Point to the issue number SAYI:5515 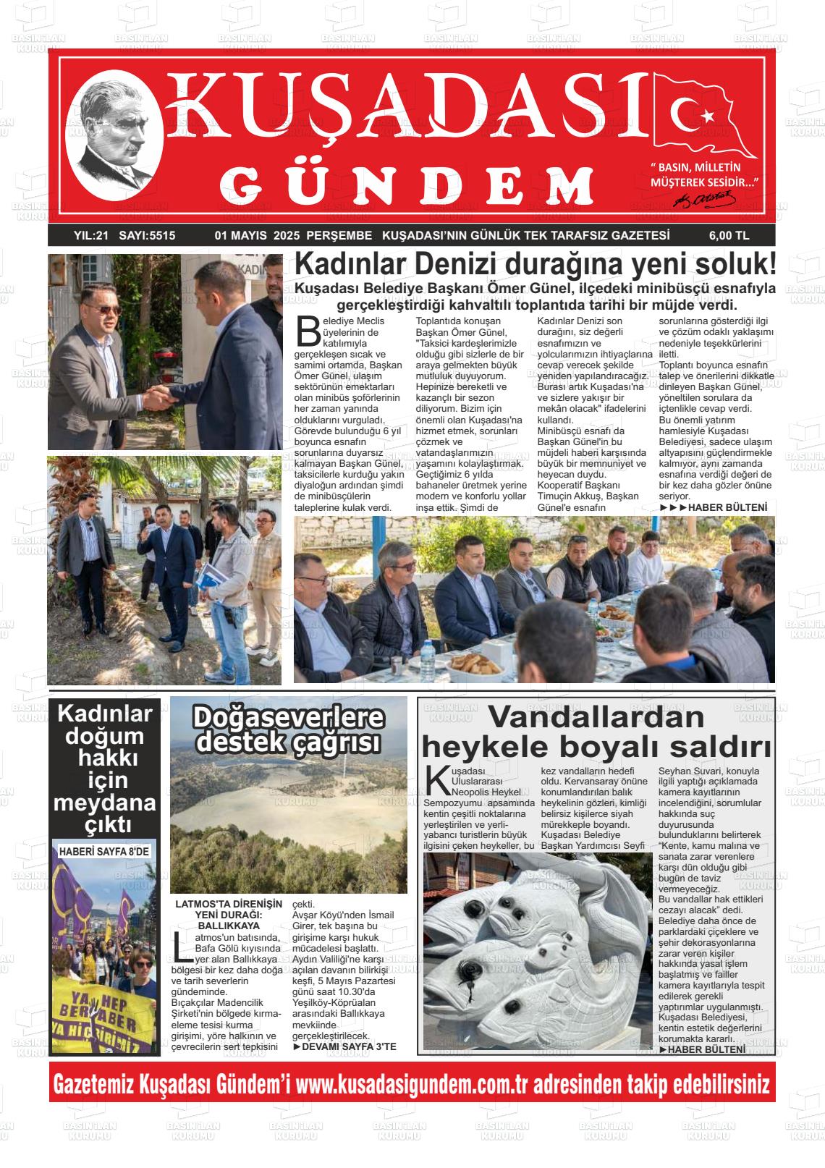(147, 235)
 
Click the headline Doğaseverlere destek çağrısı (288, 729)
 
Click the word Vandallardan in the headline (596, 716)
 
